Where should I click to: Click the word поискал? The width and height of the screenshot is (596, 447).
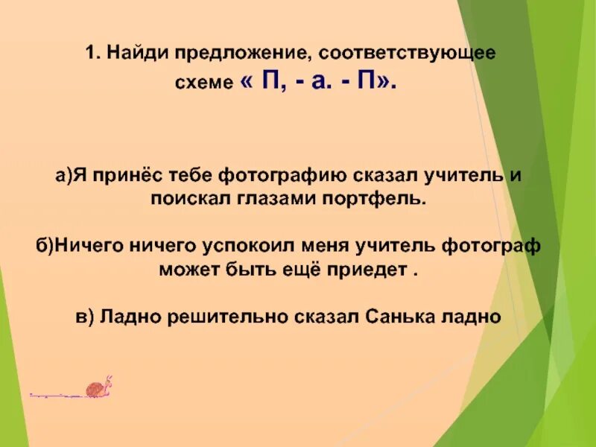tap(183, 199)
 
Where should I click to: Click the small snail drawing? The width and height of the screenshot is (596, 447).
tap(98, 387)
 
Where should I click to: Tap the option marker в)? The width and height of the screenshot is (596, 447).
tap(84, 315)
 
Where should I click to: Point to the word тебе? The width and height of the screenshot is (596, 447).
tap(190, 175)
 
